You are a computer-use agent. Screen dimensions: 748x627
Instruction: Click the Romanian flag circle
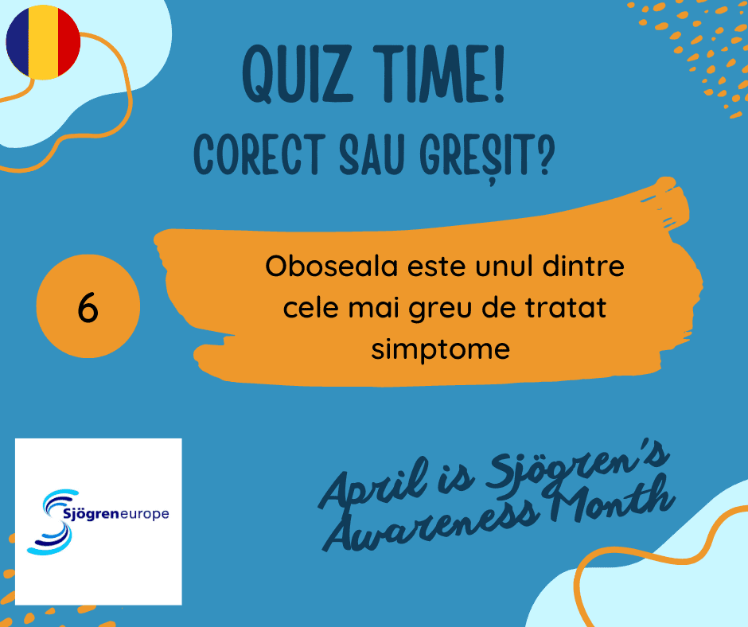[43, 42]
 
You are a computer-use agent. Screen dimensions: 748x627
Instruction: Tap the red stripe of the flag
[68, 42]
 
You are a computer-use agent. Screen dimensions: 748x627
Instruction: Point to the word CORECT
[259, 154]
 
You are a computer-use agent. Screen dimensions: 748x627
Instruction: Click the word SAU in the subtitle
[372, 154]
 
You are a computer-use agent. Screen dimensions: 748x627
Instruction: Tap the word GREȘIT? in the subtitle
[487, 156]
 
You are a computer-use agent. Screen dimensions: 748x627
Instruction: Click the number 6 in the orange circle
[88, 307]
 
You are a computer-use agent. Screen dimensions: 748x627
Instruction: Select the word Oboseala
[331, 267]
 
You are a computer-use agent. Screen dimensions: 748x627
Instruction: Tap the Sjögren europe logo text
[116, 514]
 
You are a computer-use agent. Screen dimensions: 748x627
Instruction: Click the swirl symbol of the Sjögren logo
[53, 522]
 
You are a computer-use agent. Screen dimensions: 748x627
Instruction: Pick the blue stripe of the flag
[18, 42]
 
